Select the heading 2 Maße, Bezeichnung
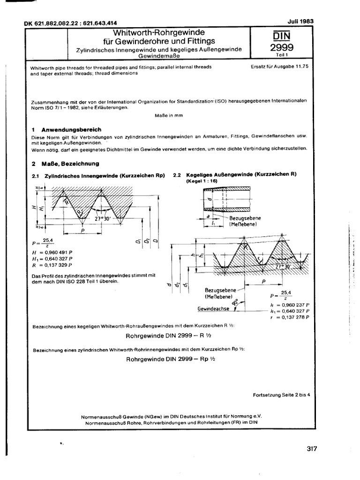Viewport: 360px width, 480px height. pos(65,164)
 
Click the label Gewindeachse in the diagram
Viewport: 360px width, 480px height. pos(212,309)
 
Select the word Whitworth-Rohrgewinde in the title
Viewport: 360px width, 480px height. pos(160,33)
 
